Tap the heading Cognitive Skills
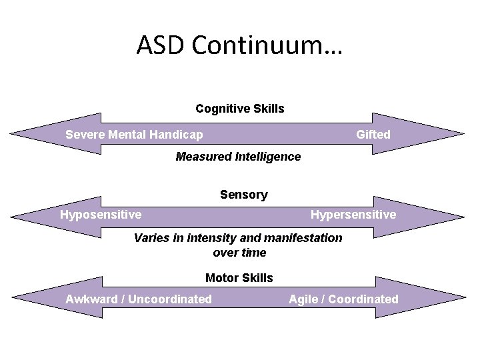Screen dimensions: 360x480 point(240,108)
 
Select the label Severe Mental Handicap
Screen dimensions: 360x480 point(134,135)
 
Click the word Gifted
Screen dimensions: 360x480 point(373,135)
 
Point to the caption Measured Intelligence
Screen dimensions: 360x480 point(238,157)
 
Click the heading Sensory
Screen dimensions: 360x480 point(244,195)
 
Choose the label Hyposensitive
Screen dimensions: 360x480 point(101,215)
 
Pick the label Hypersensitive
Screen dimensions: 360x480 point(353,215)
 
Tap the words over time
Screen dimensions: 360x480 point(239,253)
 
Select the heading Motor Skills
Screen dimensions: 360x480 point(239,278)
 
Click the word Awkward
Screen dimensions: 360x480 point(91,299)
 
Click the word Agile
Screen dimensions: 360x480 point(304,299)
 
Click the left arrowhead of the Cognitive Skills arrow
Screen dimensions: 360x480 point(40,133)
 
